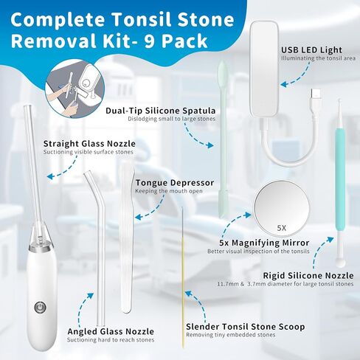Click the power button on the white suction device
(40, 308)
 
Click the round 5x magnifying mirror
(282, 207)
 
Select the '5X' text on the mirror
(282, 228)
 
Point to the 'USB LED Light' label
(311, 50)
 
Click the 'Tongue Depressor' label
(175, 183)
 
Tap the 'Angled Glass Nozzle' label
(111, 331)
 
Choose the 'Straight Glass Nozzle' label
(89, 143)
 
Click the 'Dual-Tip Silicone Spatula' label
(161, 111)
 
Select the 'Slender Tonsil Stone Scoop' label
(246, 327)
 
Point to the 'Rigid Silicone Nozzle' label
(308, 275)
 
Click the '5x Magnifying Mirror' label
(264, 243)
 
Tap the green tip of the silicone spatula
(223, 69)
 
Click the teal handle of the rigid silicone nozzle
(340, 179)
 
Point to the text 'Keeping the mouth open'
(169, 191)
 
